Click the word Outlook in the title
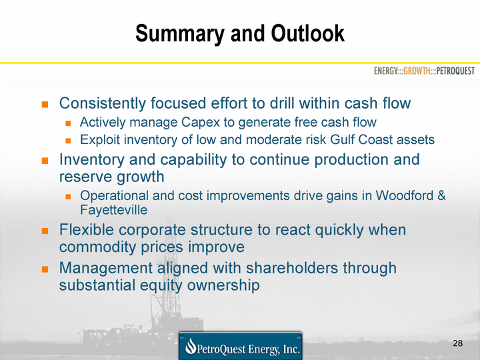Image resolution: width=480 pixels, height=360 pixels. (307, 33)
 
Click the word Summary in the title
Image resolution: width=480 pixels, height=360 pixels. (180, 34)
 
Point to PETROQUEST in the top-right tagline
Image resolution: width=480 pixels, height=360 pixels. (455, 71)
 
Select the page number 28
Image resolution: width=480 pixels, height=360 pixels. (457, 343)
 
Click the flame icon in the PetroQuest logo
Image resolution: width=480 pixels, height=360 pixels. (191, 346)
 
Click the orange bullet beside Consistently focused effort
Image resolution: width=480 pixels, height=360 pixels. (45, 105)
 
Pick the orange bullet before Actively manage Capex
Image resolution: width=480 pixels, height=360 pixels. (68, 123)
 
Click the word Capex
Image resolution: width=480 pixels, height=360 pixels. (201, 123)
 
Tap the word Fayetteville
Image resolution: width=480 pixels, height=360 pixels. (113, 210)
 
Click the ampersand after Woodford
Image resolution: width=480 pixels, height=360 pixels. (442, 195)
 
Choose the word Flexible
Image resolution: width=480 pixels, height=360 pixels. (86, 229)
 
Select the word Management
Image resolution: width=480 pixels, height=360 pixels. (105, 269)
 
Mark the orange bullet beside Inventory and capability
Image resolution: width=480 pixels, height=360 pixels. (45, 161)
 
